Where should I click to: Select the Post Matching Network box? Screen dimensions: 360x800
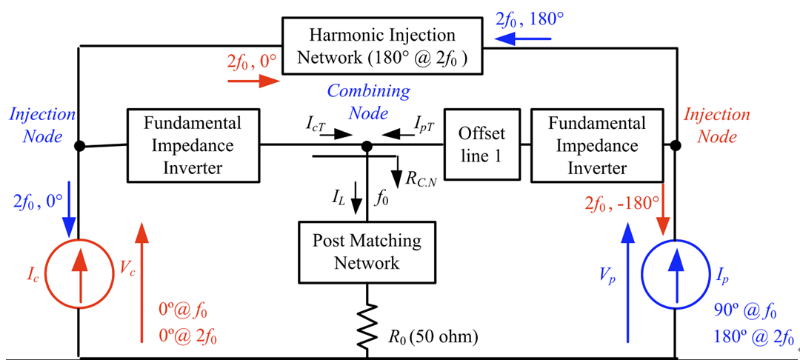tap(367, 252)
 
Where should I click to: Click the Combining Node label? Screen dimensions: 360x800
tap(368, 103)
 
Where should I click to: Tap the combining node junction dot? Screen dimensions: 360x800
tap(367, 147)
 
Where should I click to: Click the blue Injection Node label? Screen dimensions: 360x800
tap(42, 126)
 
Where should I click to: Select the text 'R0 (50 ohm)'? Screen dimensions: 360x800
tap(433, 337)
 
